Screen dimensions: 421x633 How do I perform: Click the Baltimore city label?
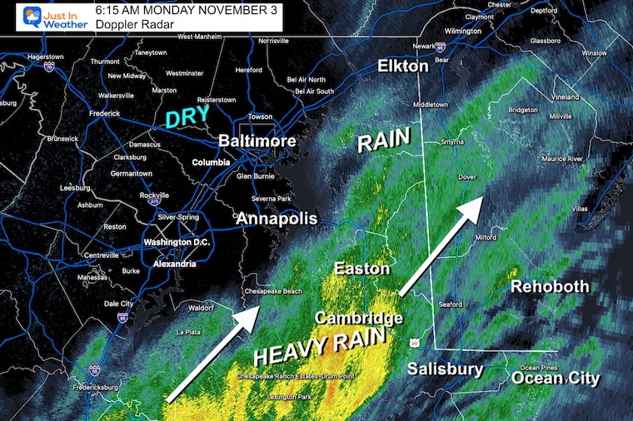click(x=257, y=141)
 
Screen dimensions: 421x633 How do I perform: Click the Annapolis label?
click(x=277, y=219)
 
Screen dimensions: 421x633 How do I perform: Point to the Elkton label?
click(x=403, y=66)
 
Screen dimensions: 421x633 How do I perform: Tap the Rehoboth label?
click(x=549, y=287)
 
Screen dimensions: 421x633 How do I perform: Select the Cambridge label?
click(x=358, y=318)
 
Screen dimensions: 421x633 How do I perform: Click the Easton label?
click(x=361, y=269)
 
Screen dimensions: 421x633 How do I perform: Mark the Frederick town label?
click(x=106, y=113)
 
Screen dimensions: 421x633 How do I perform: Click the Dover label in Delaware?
click(x=466, y=176)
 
